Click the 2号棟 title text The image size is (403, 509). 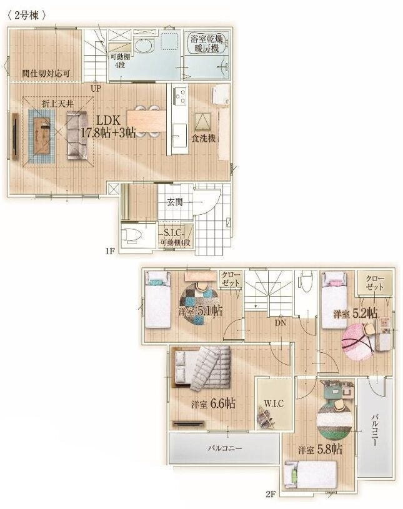(x=26, y=15)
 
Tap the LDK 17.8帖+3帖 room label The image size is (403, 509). (x=108, y=127)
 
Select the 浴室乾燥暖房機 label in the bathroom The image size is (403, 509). (x=207, y=44)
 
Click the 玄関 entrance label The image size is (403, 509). (x=175, y=202)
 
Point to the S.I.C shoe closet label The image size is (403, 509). (x=172, y=232)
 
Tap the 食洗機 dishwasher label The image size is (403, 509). (x=204, y=138)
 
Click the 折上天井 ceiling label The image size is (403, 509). (x=57, y=104)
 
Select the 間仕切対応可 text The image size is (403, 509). (x=46, y=73)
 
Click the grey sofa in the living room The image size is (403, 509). (x=77, y=136)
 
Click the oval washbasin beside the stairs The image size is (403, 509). (x=144, y=46)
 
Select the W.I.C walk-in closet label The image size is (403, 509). (x=274, y=403)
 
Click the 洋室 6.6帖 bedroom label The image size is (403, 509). (x=213, y=404)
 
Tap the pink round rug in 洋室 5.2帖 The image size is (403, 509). (x=357, y=342)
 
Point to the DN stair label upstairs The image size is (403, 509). (x=281, y=323)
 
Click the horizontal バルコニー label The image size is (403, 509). (x=225, y=448)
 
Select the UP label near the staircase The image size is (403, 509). (x=96, y=88)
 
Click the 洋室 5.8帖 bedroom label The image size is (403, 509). (x=320, y=450)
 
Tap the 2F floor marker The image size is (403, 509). (x=271, y=495)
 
